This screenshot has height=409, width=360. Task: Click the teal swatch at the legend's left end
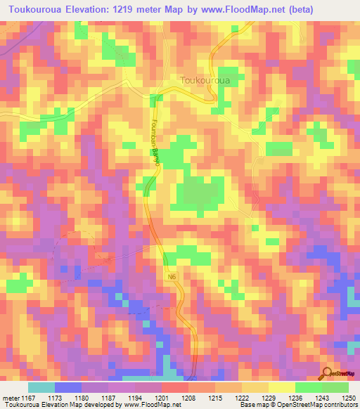tap(41, 388)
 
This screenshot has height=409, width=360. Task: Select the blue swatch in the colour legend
tap(68, 388)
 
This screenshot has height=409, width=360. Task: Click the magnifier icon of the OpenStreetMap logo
tap(328, 374)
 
